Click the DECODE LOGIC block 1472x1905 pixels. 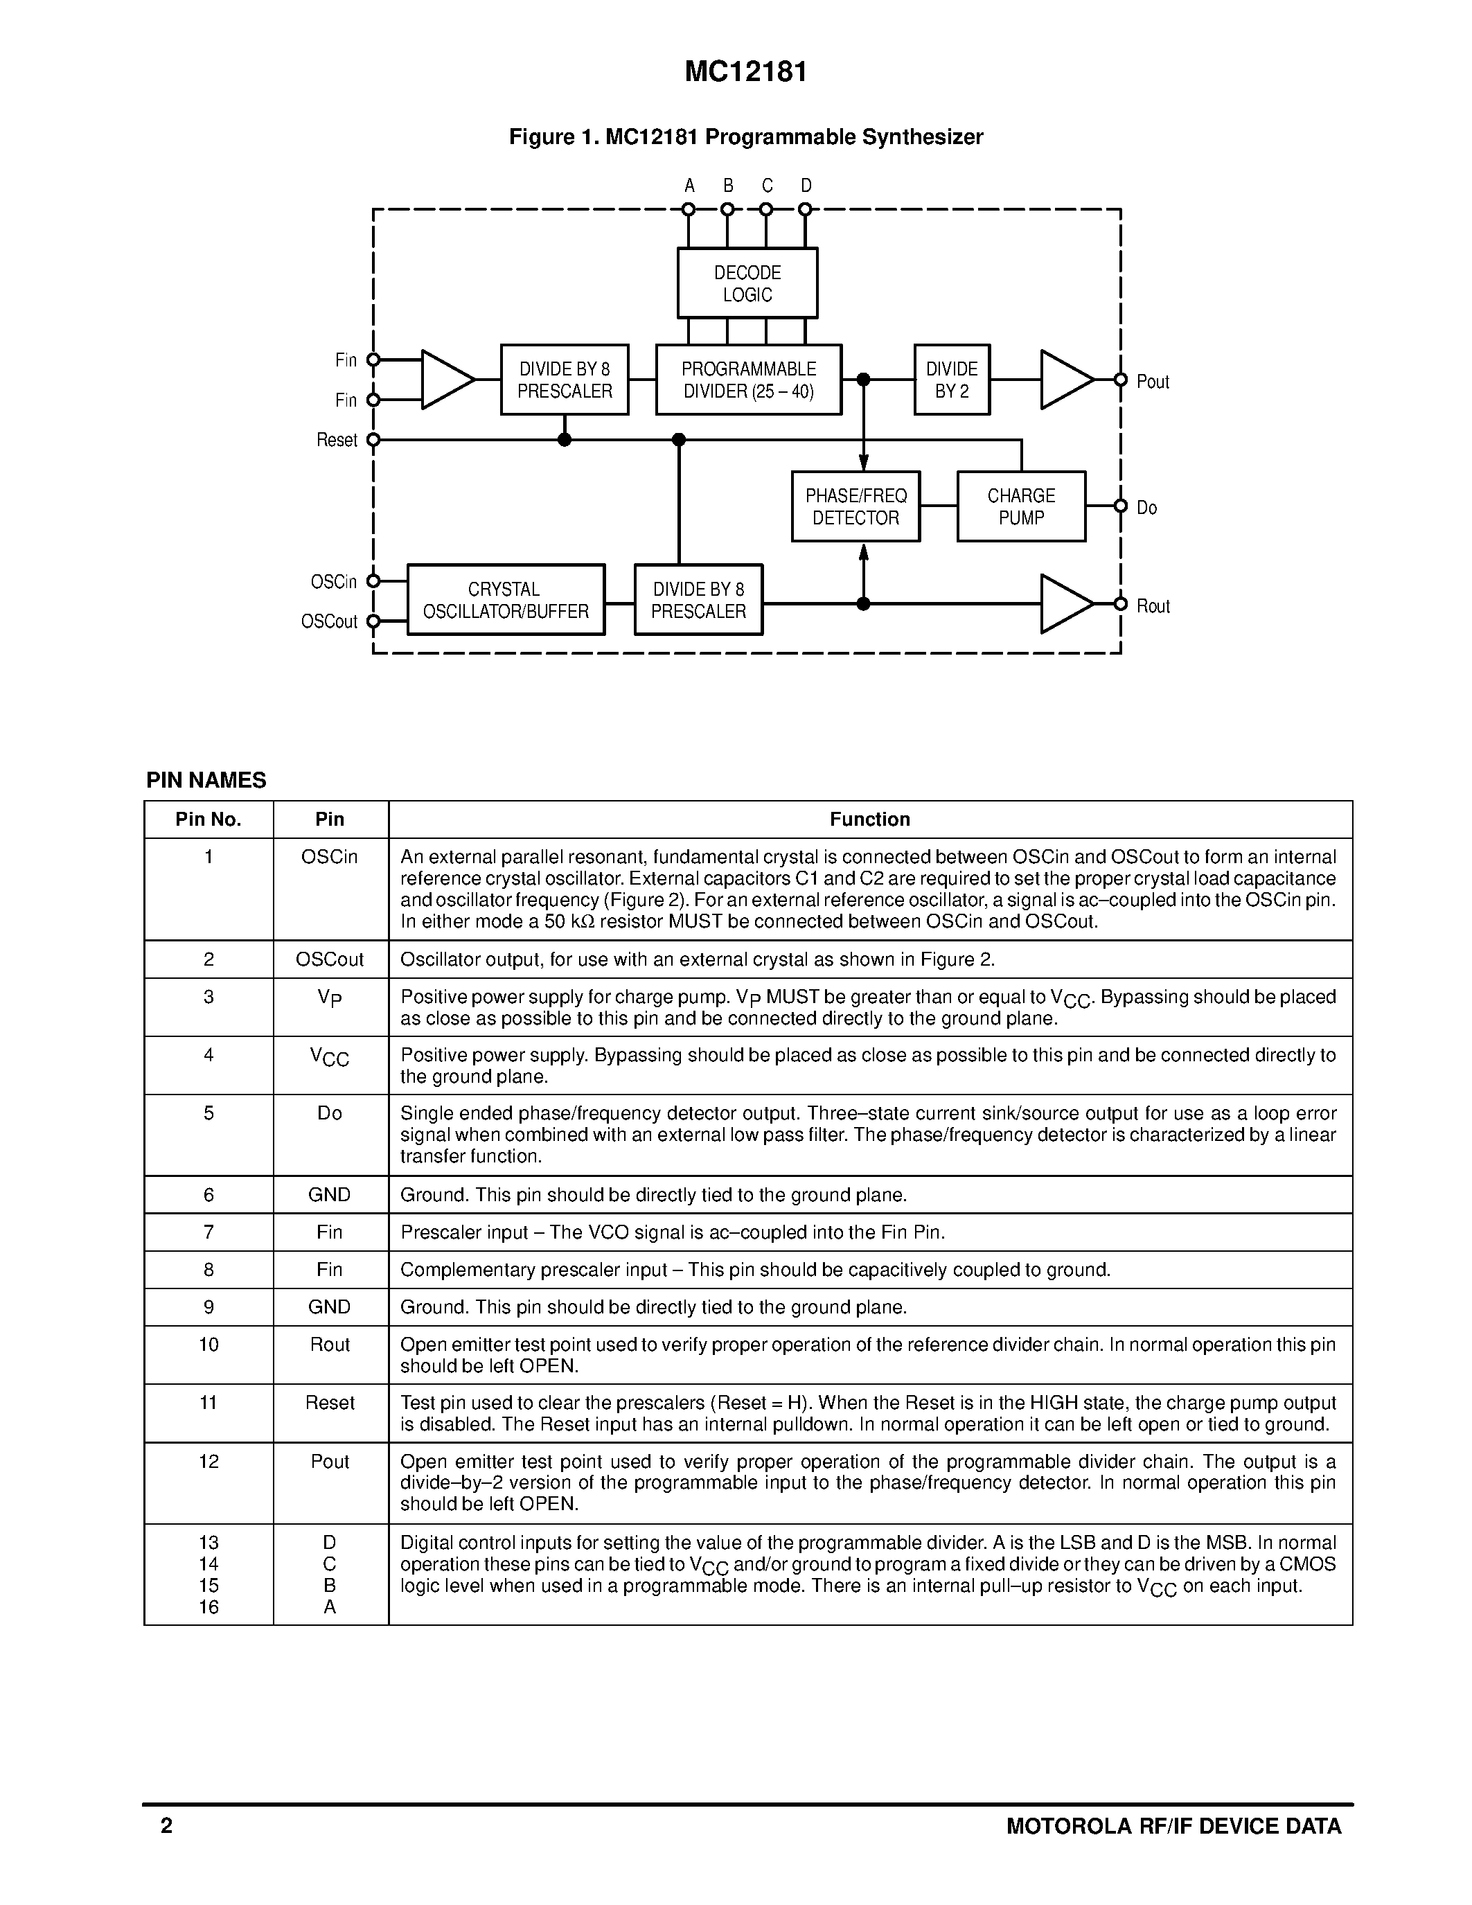(747, 283)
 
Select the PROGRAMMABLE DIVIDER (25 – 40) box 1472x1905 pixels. (748, 380)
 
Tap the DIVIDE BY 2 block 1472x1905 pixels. (951, 380)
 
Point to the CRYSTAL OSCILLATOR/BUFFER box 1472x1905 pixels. (506, 600)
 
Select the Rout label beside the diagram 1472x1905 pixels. (1153, 606)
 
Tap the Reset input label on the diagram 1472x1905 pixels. (337, 441)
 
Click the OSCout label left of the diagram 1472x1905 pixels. (329, 622)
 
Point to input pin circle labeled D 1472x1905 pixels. (805, 209)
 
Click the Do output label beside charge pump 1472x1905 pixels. (1146, 508)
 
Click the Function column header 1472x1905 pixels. (869, 819)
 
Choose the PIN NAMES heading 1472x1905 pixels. (206, 781)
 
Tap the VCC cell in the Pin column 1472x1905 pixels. (330, 1057)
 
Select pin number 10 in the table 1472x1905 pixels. (209, 1344)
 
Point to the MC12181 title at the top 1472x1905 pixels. (745, 71)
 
